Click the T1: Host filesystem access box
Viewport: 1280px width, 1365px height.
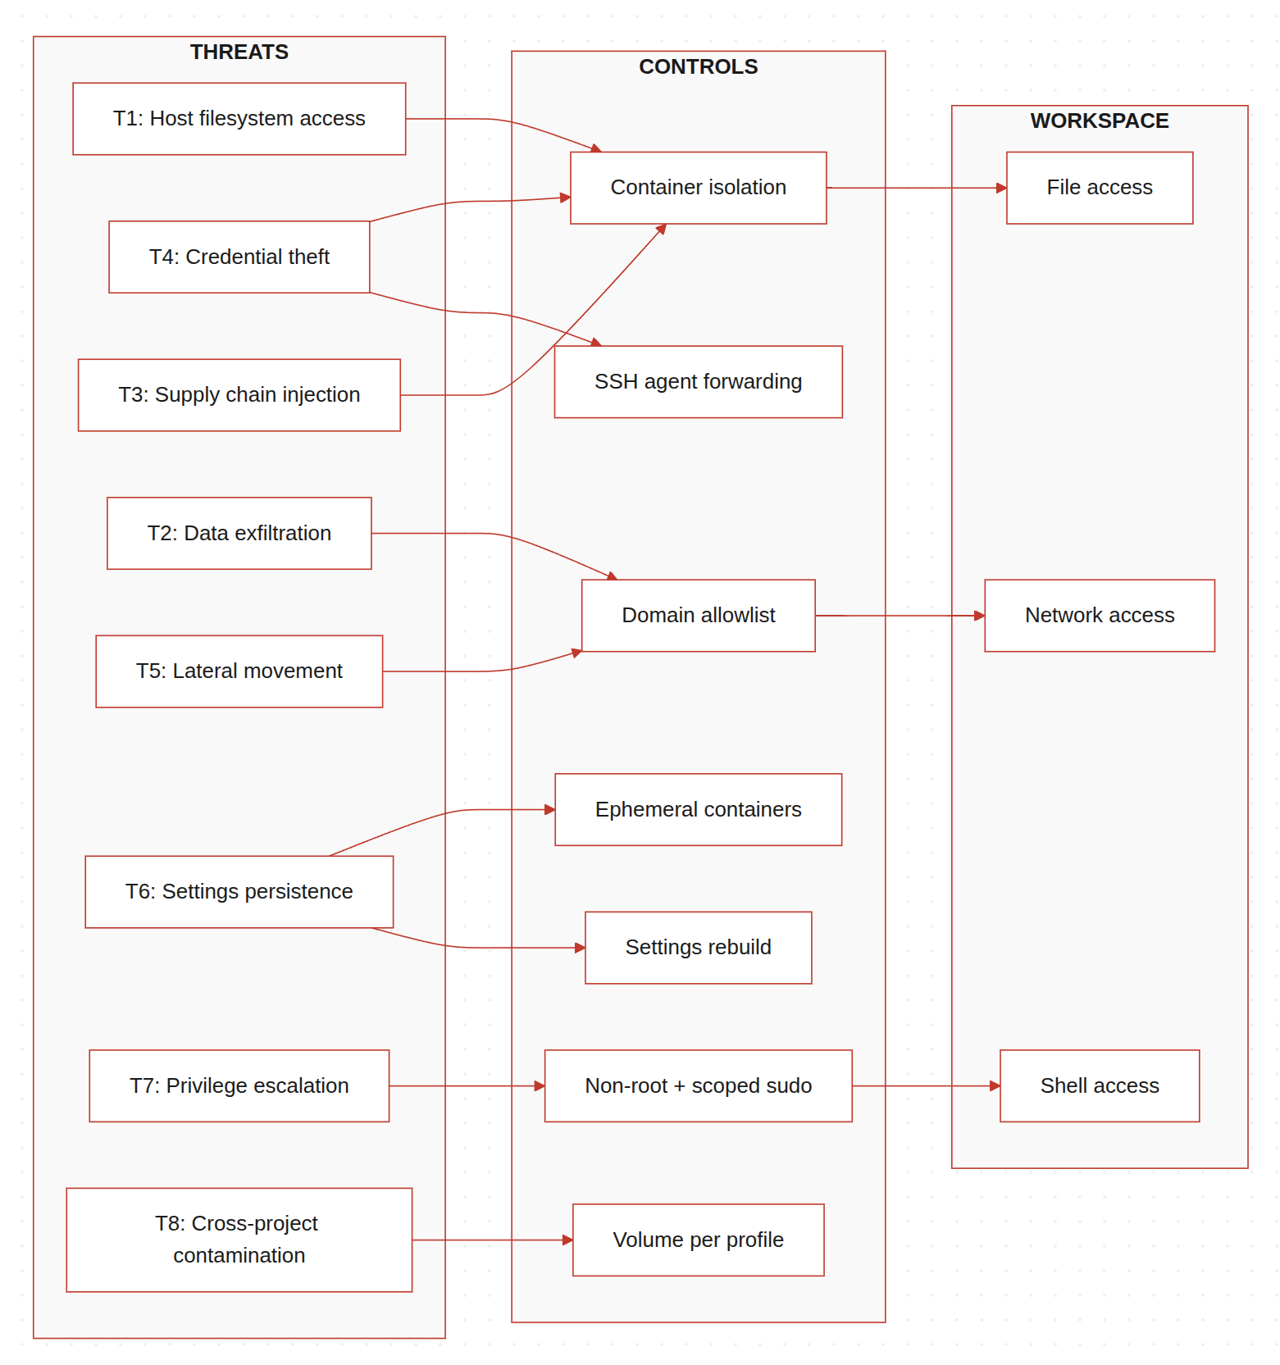click(239, 119)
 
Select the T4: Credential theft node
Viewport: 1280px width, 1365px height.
click(239, 257)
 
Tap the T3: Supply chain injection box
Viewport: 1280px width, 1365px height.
click(239, 395)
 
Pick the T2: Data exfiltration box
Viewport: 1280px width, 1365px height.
click(239, 533)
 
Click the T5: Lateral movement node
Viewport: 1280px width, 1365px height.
click(239, 671)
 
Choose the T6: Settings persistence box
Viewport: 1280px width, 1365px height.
click(239, 892)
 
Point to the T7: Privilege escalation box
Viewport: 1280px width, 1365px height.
click(239, 1085)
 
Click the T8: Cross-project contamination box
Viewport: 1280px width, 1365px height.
click(239, 1240)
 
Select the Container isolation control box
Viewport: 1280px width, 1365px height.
click(698, 188)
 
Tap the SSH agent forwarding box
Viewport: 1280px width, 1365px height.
click(698, 382)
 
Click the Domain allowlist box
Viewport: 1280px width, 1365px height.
click(698, 616)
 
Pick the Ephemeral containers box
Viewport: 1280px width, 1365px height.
click(698, 810)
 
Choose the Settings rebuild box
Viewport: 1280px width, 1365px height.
click(698, 948)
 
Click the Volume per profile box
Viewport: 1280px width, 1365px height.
click(698, 1240)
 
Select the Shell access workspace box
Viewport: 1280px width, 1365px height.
click(1099, 1085)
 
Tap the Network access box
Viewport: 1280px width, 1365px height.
click(1099, 616)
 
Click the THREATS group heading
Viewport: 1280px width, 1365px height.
click(239, 52)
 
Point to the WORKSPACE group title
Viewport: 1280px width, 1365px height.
click(1099, 121)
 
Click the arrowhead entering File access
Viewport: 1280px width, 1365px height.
click(1001, 189)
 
